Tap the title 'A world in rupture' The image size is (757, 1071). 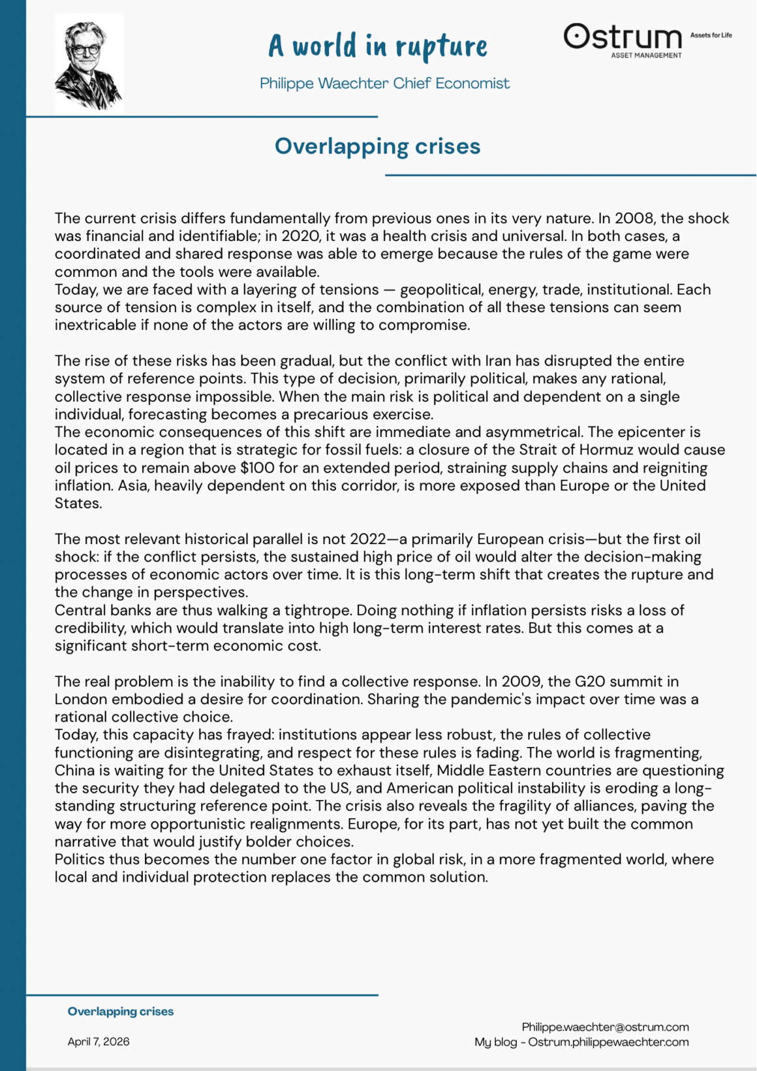378,46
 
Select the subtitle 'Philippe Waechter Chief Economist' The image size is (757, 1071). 384,84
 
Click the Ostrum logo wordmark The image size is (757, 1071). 623,38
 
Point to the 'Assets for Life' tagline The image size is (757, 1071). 711,35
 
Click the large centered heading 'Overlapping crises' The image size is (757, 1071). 377,146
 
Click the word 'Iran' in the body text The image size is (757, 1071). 498,360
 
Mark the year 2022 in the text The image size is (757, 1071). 368,539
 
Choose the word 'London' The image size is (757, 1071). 78,699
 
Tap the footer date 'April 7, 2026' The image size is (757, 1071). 99,1041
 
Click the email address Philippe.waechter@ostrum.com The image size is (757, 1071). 605,1027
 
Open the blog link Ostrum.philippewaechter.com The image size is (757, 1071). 608,1042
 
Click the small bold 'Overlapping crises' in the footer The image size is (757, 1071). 121,1011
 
